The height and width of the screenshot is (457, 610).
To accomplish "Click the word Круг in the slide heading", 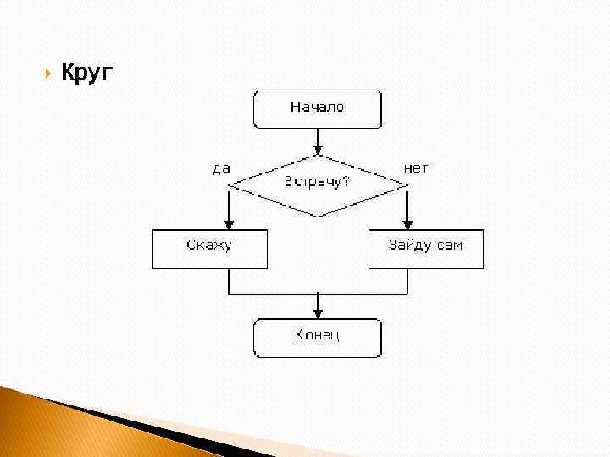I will (86, 74).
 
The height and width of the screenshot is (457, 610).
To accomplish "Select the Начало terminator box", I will (318, 109).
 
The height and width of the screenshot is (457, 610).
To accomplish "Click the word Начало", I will (318, 107).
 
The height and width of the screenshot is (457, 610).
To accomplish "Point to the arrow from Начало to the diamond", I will (318, 140).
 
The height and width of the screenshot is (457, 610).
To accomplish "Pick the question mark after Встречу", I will (347, 182).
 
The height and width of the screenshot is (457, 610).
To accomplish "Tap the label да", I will (221, 168).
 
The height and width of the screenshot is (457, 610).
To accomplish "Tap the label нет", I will (416, 168).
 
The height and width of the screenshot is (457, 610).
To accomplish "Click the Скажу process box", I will (210, 250).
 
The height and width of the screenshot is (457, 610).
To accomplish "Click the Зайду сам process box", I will (425, 250).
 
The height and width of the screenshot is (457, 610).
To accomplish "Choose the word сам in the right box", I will (450, 246).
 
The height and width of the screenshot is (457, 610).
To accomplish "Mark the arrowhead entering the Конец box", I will (318, 313).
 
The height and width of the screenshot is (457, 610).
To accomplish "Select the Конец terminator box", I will (318, 338).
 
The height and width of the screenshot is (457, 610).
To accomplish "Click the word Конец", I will (318, 335).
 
